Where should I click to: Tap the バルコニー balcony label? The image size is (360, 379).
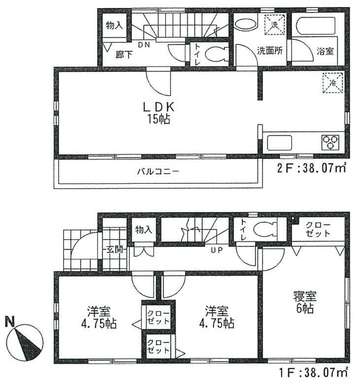158,172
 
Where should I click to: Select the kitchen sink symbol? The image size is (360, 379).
279,143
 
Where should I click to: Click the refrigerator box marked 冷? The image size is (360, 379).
333,83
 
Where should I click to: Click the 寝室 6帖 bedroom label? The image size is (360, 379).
306,303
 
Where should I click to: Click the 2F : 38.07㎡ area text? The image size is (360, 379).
311,168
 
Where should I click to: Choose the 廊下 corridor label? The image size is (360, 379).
124,55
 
